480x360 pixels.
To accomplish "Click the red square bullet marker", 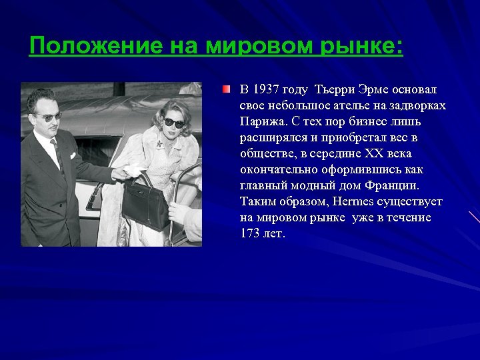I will [227, 89].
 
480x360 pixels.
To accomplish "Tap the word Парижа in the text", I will [261, 121].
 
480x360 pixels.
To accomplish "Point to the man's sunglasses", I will [49, 116].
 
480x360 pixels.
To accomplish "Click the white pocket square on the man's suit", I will [73, 155].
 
